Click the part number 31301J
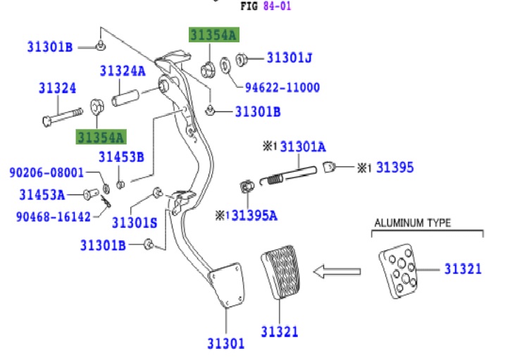289,58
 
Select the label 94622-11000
282,87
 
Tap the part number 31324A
123,71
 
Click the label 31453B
121,157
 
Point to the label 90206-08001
46,173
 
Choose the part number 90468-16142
54,217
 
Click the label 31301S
135,223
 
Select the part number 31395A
254,216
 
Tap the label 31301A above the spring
303,147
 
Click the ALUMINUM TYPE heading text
413,223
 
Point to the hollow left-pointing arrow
337,271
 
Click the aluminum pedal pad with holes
399,271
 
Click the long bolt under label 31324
63,117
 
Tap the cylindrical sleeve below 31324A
125,98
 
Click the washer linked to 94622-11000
225,66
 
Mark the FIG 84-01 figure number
266,6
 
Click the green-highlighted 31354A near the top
214,35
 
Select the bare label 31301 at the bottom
226,344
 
